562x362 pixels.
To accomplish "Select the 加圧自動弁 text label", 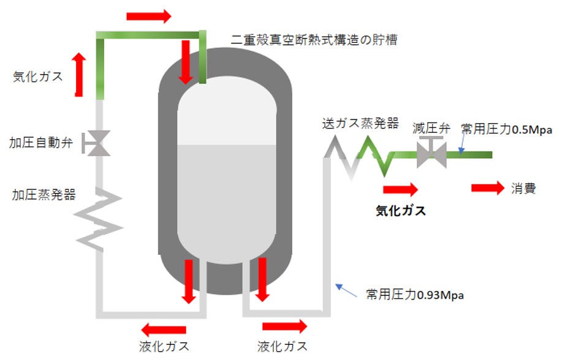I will [x=41, y=143].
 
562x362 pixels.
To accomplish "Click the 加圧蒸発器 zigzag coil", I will [x=98, y=217].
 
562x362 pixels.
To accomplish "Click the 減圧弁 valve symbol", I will [x=431, y=153].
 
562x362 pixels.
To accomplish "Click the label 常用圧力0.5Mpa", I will [x=507, y=129].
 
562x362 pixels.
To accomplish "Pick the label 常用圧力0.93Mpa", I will [x=414, y=295].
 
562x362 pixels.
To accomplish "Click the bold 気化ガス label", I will [x=400, y=211].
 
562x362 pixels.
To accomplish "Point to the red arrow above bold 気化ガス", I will [x=400, y=189].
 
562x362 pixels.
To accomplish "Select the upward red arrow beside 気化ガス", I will [x=78, y=74].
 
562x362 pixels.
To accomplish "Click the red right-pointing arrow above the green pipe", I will [x=148, y=17].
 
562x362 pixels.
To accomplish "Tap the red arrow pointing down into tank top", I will [x=184, y=62].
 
